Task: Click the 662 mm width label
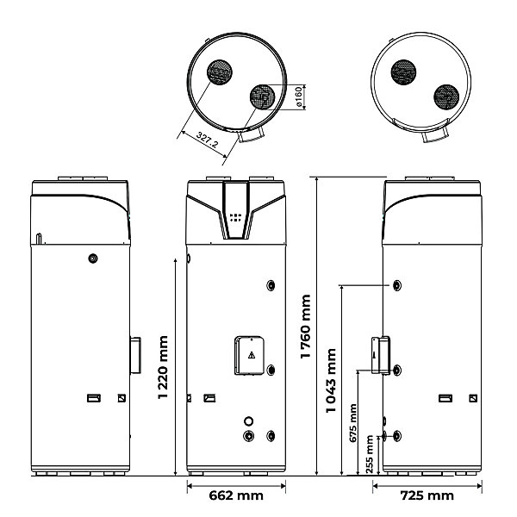236,495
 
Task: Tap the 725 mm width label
427,495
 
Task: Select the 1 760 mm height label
306,326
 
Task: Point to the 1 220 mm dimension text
163,367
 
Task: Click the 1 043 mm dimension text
331,380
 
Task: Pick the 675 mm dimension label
352,423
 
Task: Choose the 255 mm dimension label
370,454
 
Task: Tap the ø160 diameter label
298,97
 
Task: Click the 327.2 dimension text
207,139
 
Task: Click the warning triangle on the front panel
252,355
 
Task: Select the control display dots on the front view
235,217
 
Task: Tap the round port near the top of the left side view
93,258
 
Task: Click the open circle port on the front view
249,421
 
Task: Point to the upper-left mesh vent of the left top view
220,72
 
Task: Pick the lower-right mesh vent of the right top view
446,97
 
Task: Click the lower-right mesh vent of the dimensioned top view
263,97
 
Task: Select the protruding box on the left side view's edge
135,355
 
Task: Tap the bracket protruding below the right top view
436,135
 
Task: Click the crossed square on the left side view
121,398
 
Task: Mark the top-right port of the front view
271,285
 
